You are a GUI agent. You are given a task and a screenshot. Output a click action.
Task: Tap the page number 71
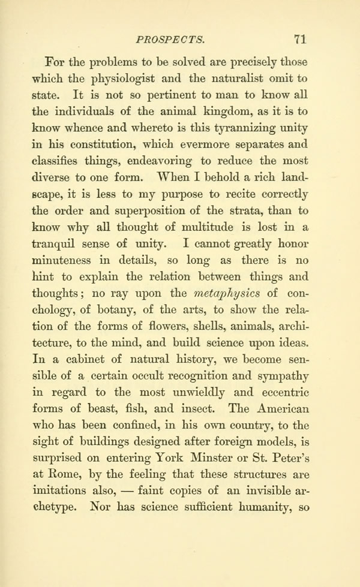click(x=299, y=39)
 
